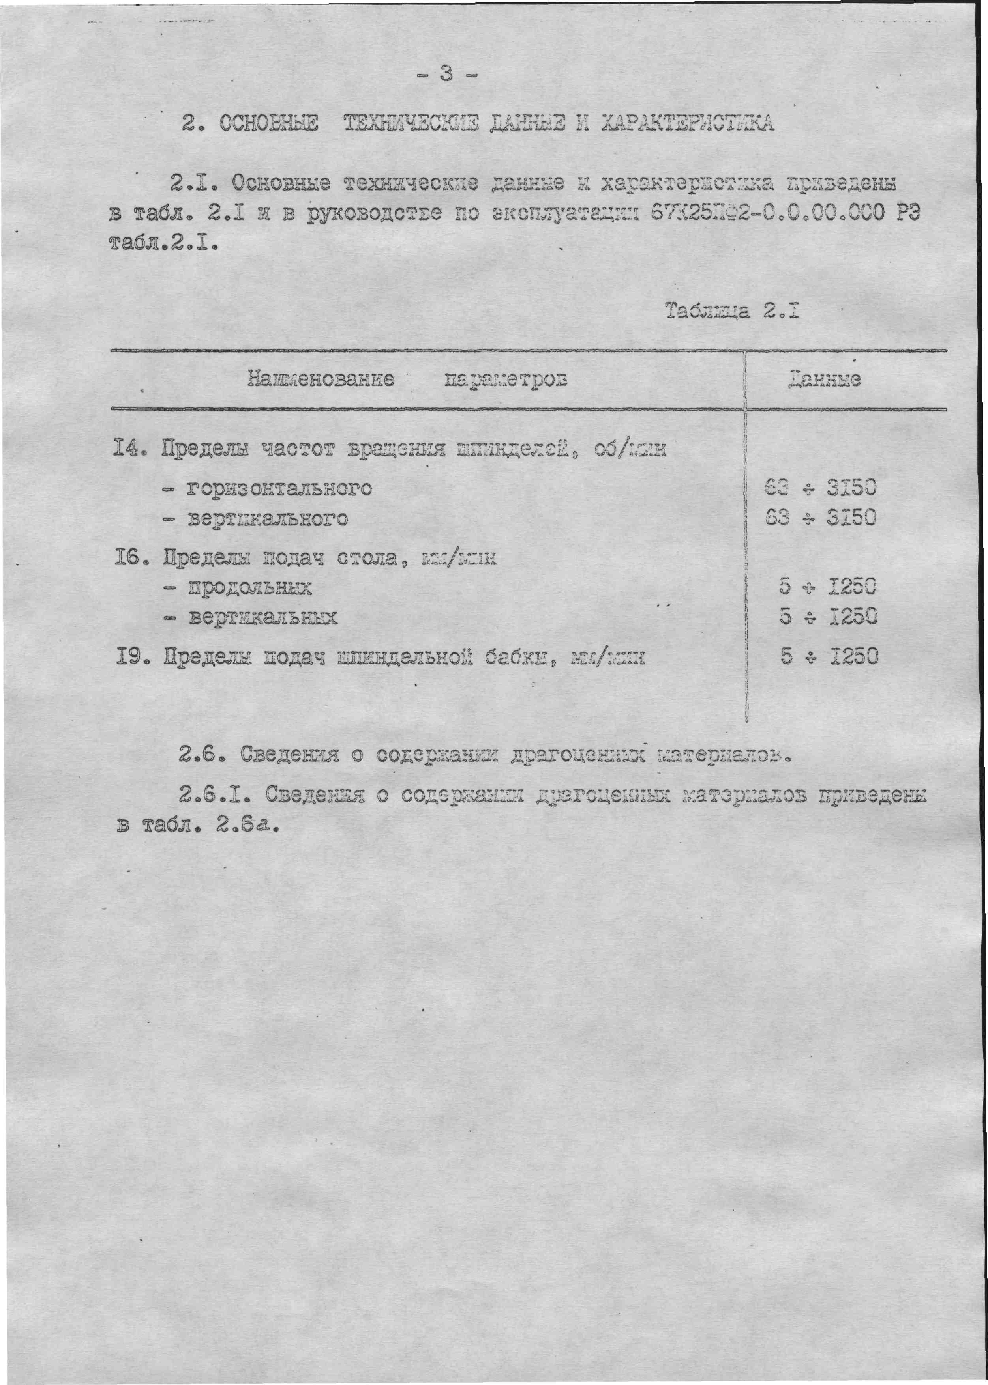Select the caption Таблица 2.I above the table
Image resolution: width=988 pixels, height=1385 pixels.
731,311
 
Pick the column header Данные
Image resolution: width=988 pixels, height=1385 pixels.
824,380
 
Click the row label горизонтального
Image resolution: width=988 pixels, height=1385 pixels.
279,488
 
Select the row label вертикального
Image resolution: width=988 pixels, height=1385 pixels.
268,519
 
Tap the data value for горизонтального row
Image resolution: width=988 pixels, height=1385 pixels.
820,488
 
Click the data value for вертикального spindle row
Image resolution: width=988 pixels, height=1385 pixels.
820,518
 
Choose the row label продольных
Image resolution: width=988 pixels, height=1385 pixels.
249,588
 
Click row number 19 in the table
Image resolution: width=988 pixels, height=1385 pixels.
128,657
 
